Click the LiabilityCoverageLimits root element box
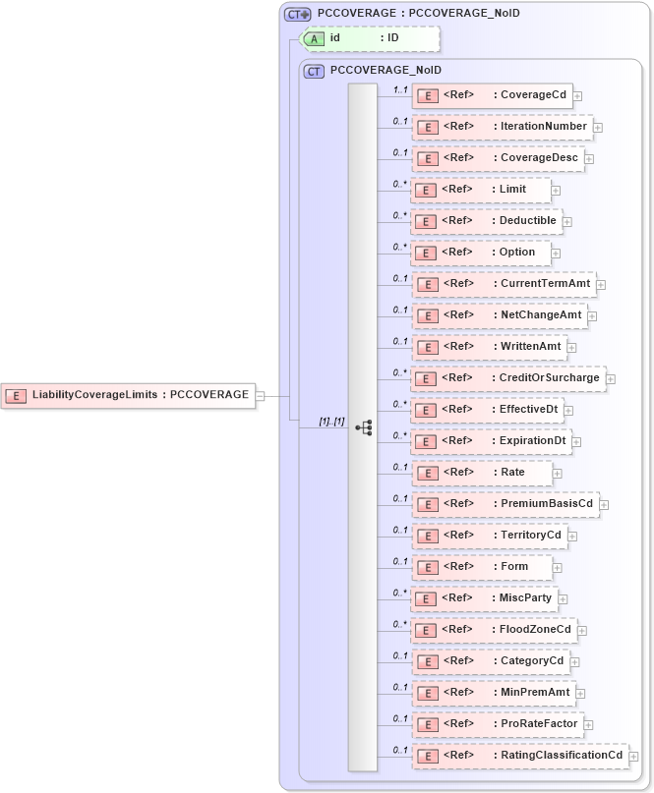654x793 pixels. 128,395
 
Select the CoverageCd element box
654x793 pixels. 492,95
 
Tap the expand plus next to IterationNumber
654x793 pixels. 598,127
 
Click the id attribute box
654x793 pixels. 370,38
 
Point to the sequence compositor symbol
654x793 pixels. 363,427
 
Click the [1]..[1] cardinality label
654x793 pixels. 330,422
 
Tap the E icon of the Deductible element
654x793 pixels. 427,221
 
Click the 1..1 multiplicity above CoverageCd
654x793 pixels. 400,89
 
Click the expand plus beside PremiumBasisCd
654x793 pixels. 605,505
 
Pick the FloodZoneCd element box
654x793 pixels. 493,630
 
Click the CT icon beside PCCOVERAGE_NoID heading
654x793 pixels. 315,71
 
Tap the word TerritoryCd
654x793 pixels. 531,536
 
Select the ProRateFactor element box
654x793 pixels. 498,724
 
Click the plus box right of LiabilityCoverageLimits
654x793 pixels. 261,396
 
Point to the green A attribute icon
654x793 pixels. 314,38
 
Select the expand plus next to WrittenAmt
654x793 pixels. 572,347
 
